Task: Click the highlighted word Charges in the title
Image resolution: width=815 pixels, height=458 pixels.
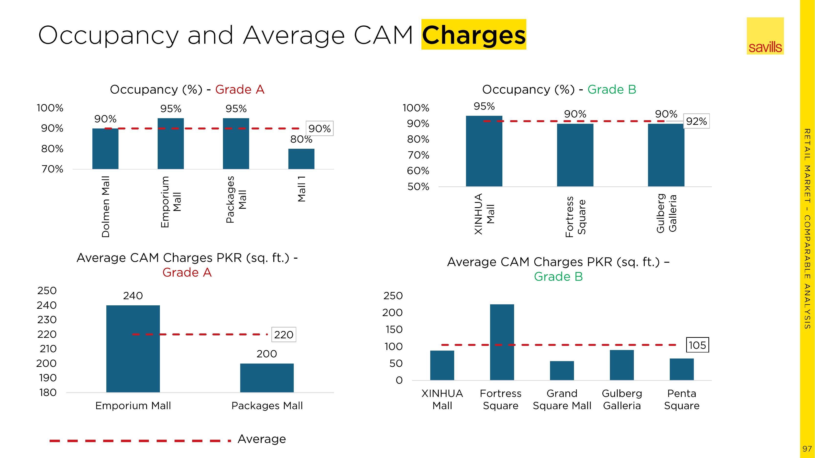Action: [473, 35]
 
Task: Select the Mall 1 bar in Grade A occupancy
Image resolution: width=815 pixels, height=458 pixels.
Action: [301, 159]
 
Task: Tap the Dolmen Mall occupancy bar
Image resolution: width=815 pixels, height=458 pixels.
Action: [105, 149]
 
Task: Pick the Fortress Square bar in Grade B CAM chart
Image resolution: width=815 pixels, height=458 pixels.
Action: [502, 342]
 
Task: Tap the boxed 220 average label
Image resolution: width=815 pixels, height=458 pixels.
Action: [284, 334]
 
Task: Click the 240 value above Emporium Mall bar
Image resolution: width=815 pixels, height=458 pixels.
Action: [133, 296]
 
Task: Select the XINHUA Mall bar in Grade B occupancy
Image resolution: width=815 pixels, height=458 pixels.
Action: [484, 151]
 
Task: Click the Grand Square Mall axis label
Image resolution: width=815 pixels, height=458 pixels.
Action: [562, 400]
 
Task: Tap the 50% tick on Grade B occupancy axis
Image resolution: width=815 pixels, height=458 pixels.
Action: [418, 186]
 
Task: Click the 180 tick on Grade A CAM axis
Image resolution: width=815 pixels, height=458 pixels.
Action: [48, 393]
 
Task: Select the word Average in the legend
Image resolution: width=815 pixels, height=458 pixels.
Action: [262, 439]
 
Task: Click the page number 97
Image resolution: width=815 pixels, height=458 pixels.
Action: [807, 449]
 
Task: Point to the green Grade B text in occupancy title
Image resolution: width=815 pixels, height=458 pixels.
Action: [612, 89]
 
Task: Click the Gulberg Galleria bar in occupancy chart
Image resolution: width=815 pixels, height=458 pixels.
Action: [666, 155]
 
